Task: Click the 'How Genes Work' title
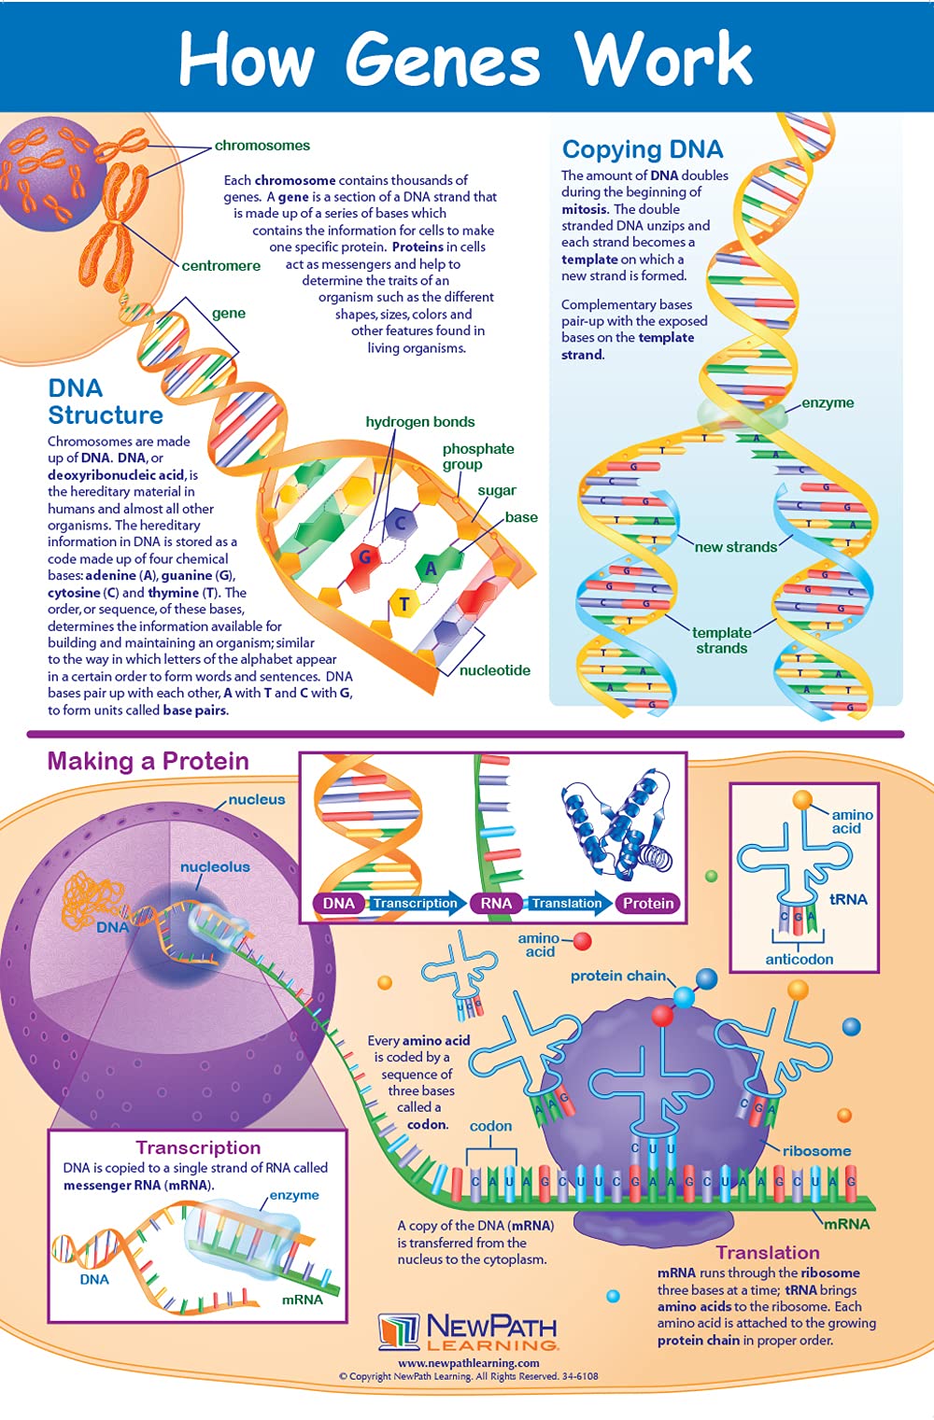[465, 58]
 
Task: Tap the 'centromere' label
[220, 266]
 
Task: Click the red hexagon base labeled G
[365, 557]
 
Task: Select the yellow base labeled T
[403, 603]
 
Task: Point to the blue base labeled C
[401, 523]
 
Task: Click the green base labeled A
[431, 567]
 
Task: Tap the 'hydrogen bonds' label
[419, 422]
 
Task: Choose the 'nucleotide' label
[494, 670]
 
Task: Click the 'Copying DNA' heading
[642, 149]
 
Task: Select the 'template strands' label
[721, 640]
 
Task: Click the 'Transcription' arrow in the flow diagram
[415, 903]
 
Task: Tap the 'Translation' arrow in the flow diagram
[568, 903]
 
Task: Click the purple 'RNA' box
[496, 903]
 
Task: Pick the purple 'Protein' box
[648, 903]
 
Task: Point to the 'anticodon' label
[799, 959]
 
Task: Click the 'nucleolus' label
[215, 866]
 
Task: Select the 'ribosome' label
[816, 1151]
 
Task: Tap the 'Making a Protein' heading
[148, 761]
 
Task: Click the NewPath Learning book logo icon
[399, 1331]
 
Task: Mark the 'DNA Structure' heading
[105, 401]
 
